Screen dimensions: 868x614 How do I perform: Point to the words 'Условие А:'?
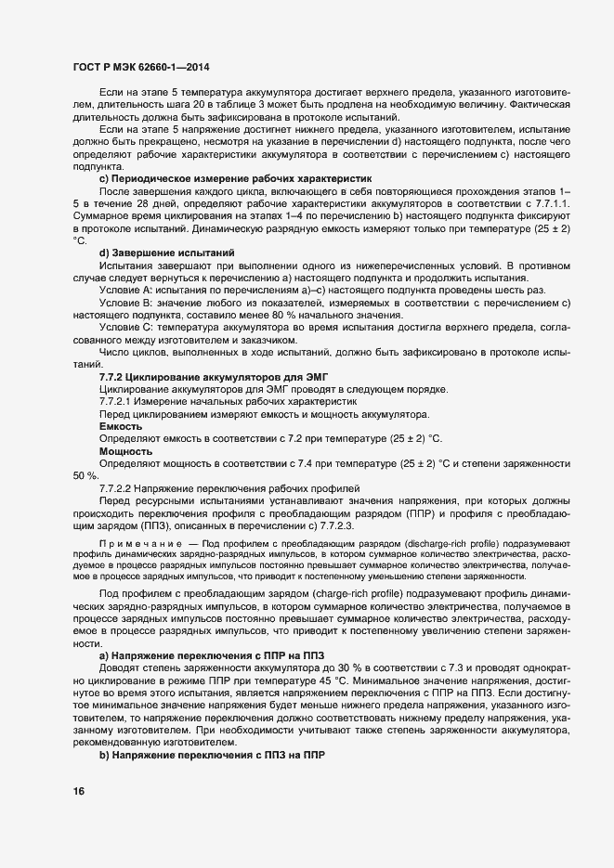[125, 290]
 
